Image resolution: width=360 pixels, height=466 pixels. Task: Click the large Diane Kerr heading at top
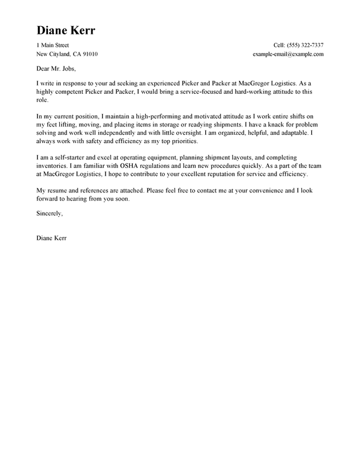pos(66,30)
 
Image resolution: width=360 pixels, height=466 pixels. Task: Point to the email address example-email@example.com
pos(288,54)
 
